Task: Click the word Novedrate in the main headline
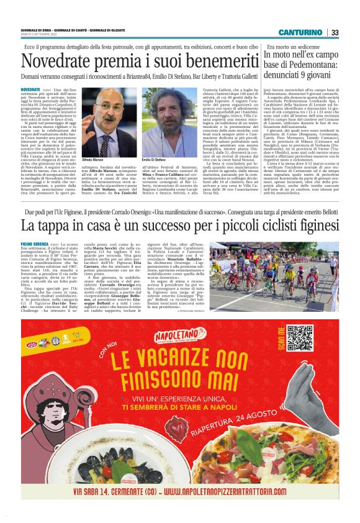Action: coord(58,62)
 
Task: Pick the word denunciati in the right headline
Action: coord(288,80)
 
